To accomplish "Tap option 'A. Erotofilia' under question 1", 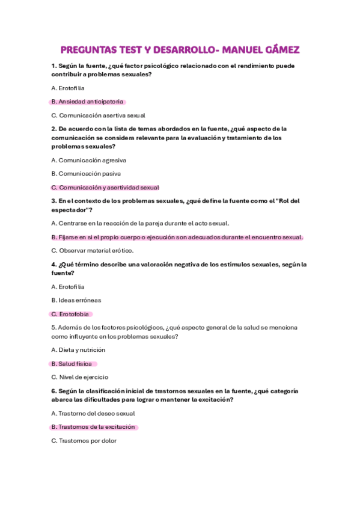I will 68,88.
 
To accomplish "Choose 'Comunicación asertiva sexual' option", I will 98,115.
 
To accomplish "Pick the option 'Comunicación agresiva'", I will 88,160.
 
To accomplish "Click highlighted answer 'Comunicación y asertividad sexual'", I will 105,187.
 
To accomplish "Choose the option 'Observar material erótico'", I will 93,251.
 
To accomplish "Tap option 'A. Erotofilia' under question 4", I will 68,287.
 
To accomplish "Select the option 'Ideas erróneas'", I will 76,300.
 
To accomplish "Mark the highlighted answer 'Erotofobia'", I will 72,314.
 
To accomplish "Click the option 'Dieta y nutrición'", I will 78,350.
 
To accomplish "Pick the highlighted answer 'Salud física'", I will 72,364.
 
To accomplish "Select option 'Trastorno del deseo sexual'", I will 93,414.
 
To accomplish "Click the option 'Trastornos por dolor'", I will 84,441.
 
